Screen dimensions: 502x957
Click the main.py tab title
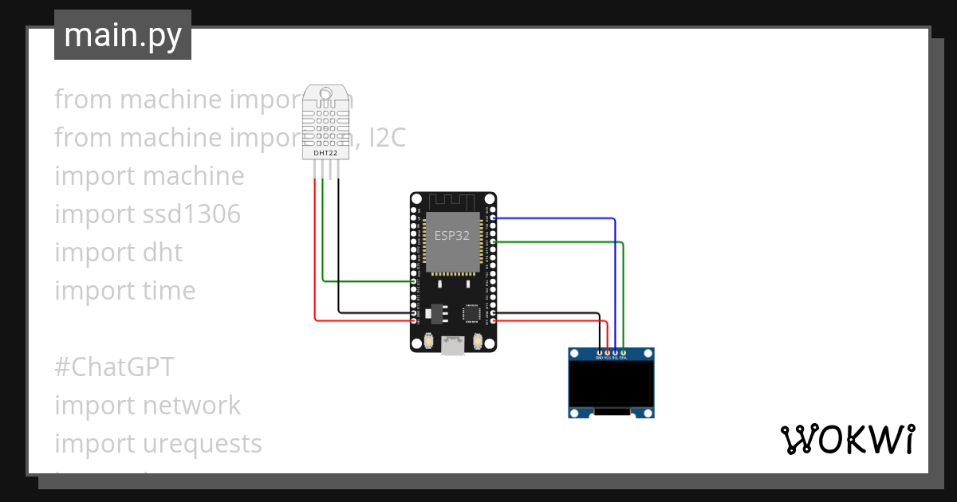pos(122,36)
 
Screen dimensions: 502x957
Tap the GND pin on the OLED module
pos(599,352)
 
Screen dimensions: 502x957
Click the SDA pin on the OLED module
pos(623,352)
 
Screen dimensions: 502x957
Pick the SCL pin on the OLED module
pos(615,352)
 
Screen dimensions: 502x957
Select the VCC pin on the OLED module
pos(607,352)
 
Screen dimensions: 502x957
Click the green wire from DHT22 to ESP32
pos(323,239)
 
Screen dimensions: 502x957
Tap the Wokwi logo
pos(846,439)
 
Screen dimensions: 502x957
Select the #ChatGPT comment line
pos(114,367)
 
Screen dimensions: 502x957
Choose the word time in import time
pos(169,291)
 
